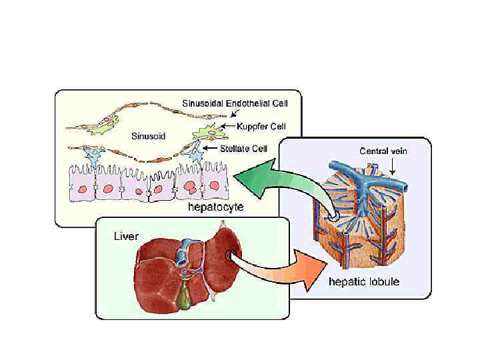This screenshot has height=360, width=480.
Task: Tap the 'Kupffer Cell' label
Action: tap(253, 125)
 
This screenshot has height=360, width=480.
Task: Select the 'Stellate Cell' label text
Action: tap(244, 149)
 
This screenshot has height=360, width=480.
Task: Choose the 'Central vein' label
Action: tap(383, 151)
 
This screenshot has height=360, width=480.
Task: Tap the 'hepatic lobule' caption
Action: tap(364, 282)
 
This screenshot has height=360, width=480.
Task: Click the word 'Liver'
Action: tap(127, 236)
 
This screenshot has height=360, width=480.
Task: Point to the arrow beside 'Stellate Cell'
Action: tap(209, 148)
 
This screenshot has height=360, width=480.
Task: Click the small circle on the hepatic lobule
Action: tap(333, 216)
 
